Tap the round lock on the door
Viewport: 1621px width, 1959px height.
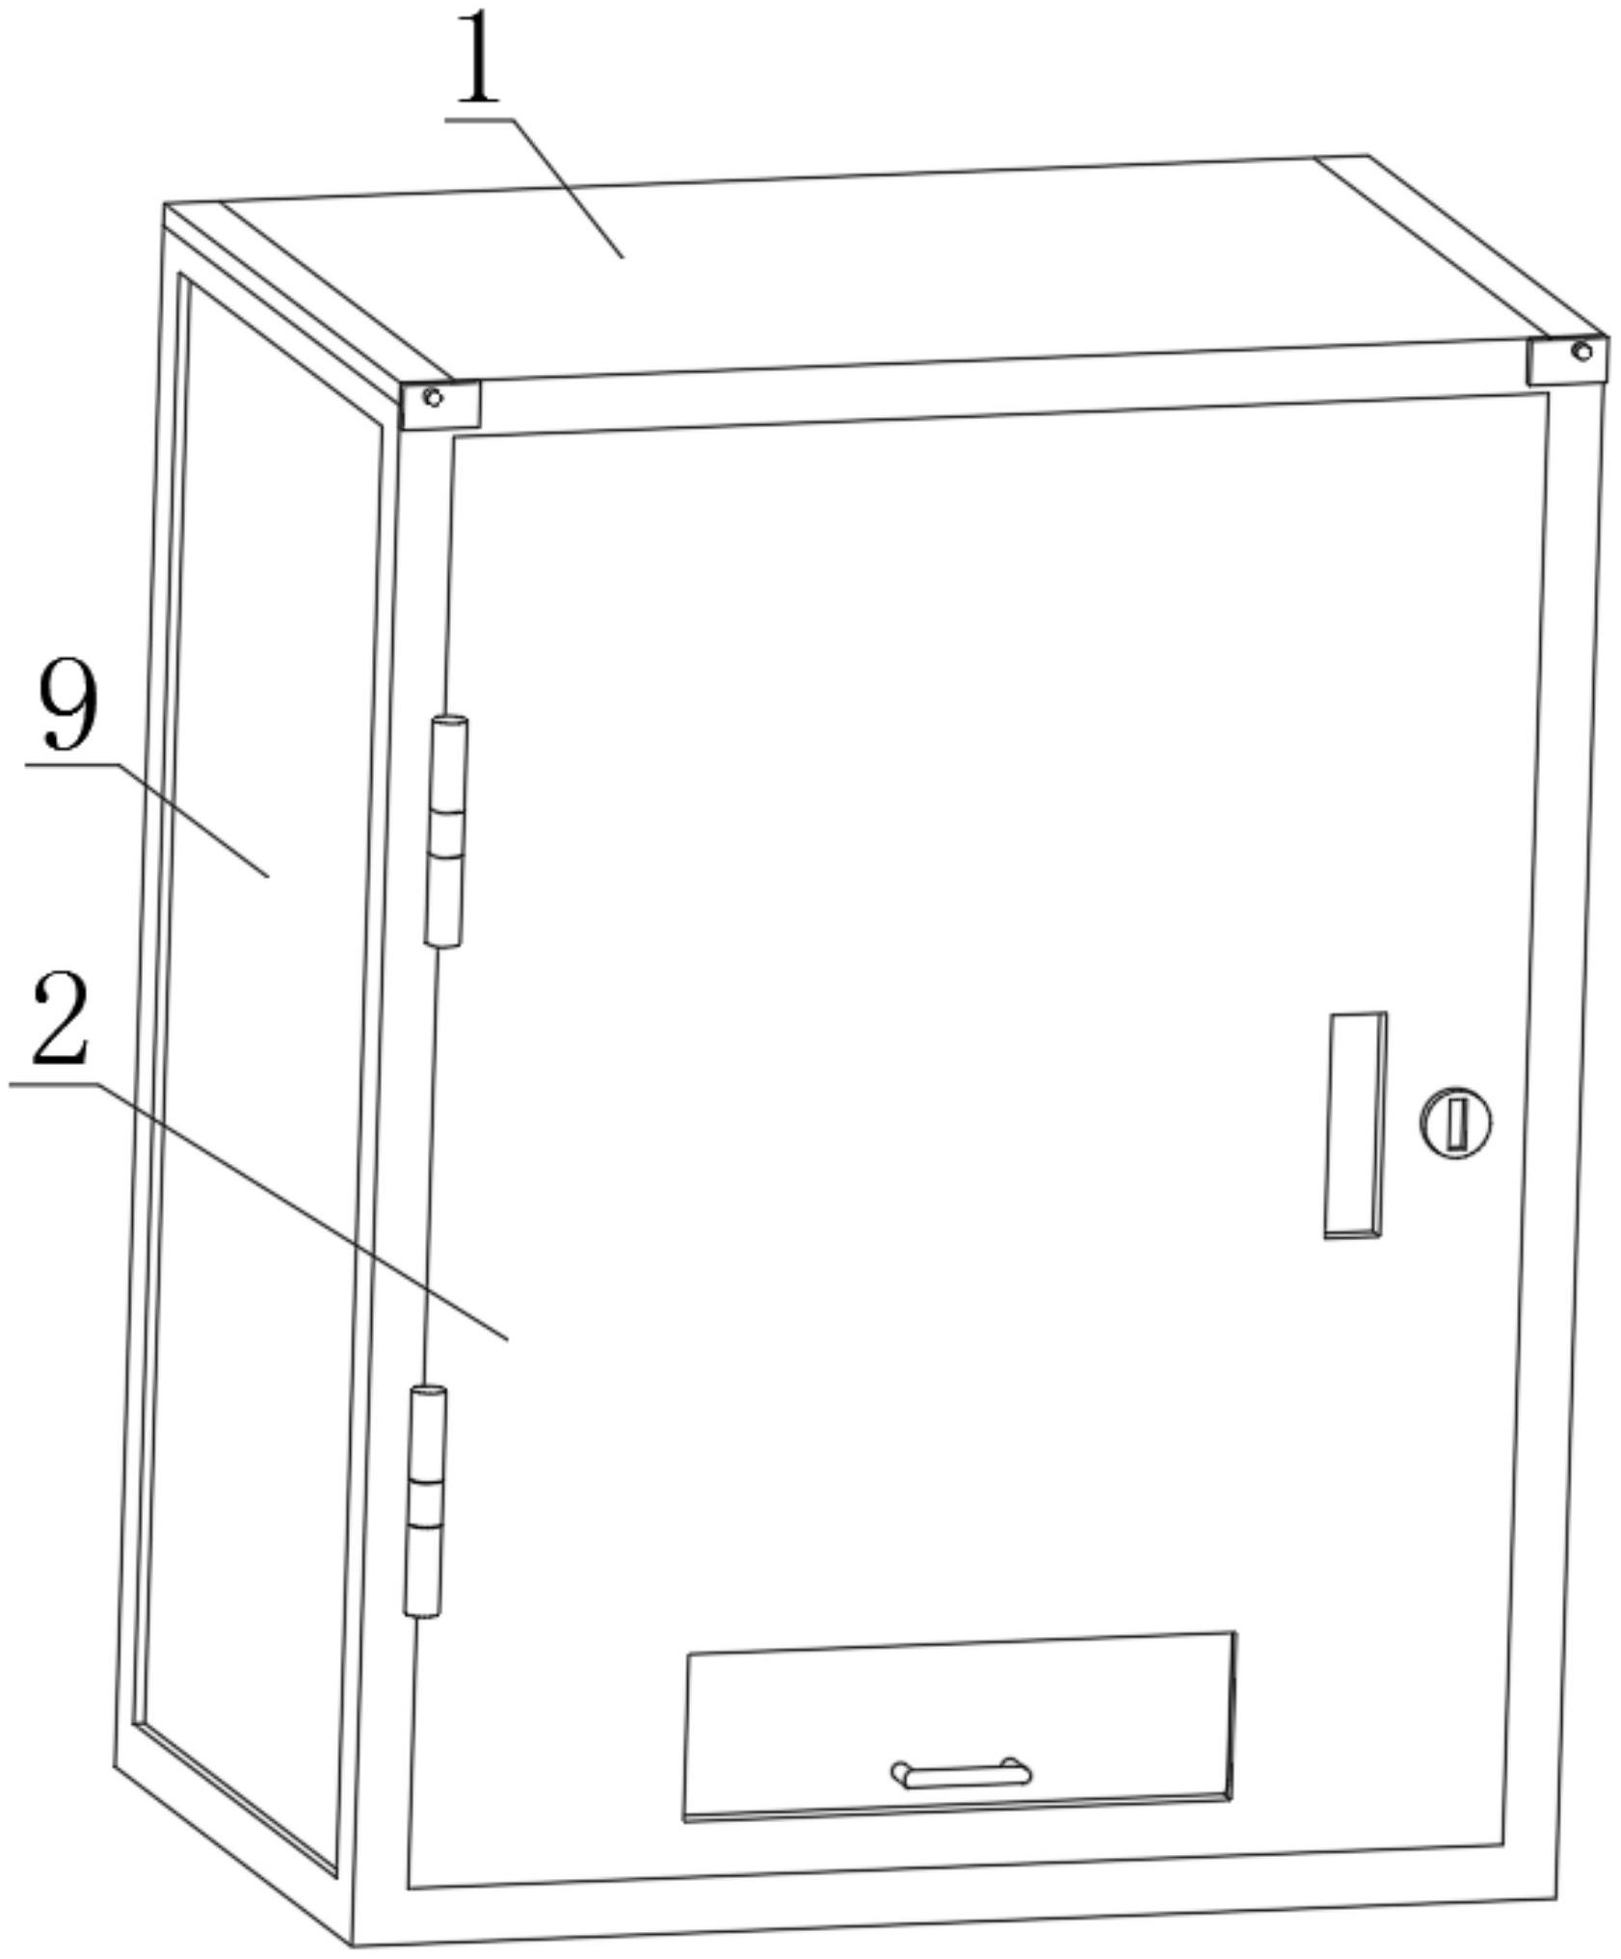[1454, 1123]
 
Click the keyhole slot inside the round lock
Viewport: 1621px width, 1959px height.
[1456, 1123]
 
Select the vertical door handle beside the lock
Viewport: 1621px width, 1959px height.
[1355, 1125]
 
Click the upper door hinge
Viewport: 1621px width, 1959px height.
[446, 831]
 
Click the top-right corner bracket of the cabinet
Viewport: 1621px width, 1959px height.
[1566, 359]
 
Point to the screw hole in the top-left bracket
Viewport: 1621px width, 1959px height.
[433, 397]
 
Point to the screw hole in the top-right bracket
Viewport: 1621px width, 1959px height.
[1581, 351]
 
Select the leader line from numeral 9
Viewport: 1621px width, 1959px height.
[146, 821]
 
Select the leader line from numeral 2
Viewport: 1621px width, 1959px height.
[258, 1211]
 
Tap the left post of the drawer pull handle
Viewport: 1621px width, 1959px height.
[900, 1771]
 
